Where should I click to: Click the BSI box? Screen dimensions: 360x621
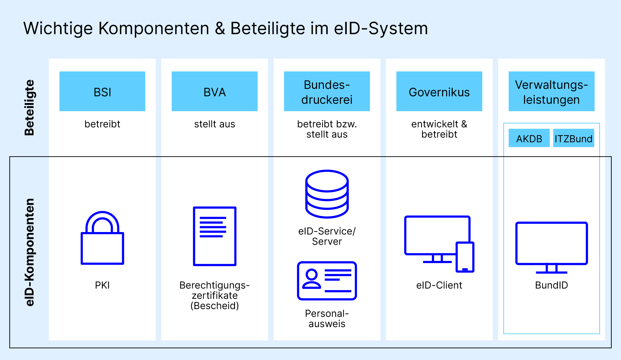(102, 91)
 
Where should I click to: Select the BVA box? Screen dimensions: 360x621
(215, 91)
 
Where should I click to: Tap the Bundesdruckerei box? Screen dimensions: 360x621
(327, 91)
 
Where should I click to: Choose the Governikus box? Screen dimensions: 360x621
(439, 91)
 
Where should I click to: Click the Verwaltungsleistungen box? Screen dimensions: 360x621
(551, 91)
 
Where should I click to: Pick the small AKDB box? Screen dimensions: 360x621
(529, 138)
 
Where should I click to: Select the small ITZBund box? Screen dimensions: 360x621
(573, 138)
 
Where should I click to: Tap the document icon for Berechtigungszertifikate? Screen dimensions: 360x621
(215, 236)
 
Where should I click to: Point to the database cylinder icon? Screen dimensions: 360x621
(327, 194)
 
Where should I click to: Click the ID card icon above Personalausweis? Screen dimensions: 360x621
(327, 281)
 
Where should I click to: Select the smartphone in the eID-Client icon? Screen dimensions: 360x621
(465, 257)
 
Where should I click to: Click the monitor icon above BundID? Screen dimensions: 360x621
(551, 247)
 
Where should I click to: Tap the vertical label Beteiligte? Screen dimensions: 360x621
(29, 107)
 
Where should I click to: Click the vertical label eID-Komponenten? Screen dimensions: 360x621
(29, 252)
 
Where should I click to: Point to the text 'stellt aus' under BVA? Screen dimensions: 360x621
(215, 124)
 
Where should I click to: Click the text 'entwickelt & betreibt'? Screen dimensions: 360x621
(439, 129)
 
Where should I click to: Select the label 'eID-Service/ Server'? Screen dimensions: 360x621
(327, 236)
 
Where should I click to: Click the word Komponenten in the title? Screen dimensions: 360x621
(154, 29)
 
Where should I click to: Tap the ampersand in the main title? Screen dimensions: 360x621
(220, 29)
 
